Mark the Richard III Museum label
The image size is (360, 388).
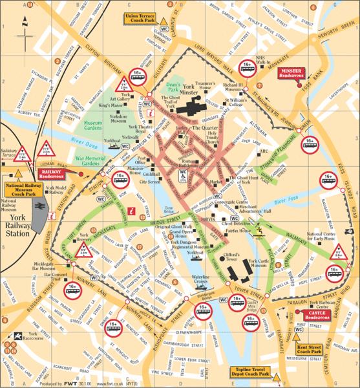pos(232,87)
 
